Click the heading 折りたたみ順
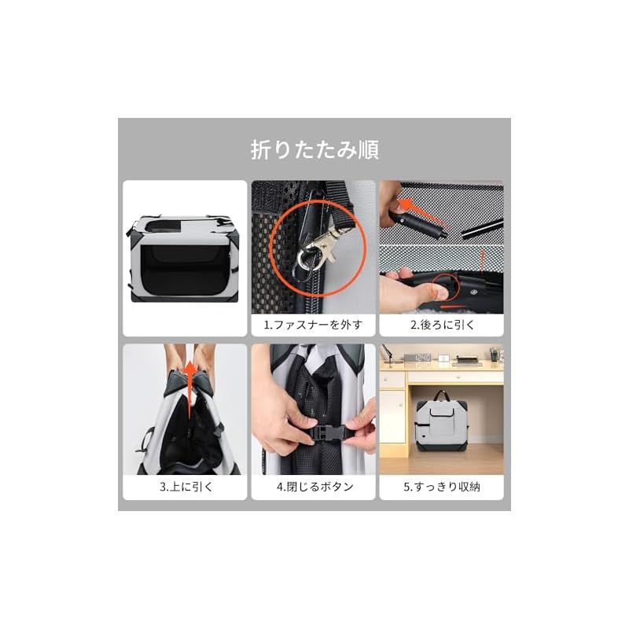click(x=314, y=149)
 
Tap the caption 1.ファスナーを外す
click(x=313, y=325)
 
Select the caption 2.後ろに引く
click(x=442, y=325)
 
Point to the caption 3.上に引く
click(x=186, y=487)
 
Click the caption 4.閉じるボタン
click(x=315, y=487)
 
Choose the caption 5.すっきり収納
click(x=442, y=487)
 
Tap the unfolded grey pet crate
click(x=184, y=259)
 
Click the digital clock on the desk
click(x=423, y=357)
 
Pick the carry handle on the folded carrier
click(x=441, y=395)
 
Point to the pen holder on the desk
click(x=495, y=355)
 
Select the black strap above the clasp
click(x=340, y=202)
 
